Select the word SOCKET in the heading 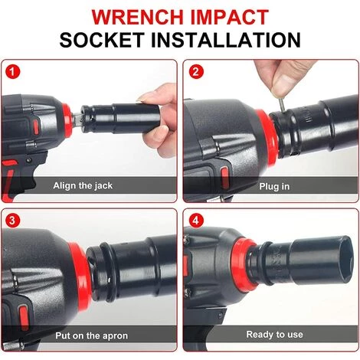(102, 40)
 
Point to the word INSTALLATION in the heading (226, 40)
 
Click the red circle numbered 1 (12, 72)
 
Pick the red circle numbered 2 (196, 71)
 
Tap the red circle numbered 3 (12, 221)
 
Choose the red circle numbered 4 (196, 221)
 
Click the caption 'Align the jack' (83, 185)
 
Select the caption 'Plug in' (274, 186)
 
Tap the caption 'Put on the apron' (92, 335)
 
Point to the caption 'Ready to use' (274, 334)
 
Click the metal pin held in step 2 (281, 105)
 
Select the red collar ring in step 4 (243, 264)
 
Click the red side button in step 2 (224, 177)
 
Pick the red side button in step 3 (24, 317)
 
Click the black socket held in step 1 (120, 118)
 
